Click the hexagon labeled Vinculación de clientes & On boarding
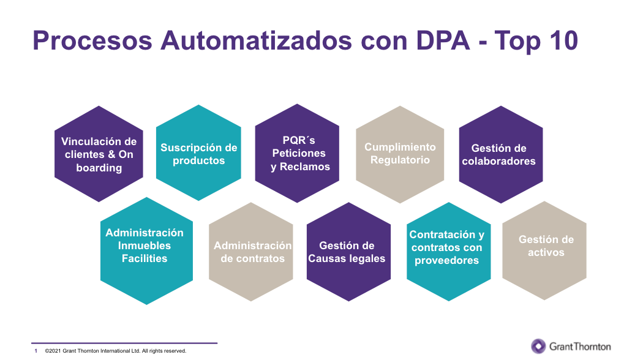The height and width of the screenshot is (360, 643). [99, 154]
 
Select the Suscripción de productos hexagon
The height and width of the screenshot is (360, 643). [198, 152]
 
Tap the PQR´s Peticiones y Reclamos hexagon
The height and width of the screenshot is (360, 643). [297, 153]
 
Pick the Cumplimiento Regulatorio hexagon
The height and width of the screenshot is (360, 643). [400, 154]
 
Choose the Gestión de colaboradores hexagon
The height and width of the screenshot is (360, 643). [501, 154]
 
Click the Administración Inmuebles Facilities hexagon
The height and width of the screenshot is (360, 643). [146, 251]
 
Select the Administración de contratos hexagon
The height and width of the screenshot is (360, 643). [251, 252]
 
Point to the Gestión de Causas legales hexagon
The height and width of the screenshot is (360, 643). [348, 252]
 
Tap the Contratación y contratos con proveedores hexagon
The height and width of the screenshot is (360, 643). [449, 252]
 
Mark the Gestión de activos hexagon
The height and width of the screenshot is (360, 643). [544, 250]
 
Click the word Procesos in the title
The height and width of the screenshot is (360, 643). [92, 40]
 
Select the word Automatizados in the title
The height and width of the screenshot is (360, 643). [257, 40]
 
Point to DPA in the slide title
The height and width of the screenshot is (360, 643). [443, 40]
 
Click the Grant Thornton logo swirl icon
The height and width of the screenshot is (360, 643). [538, 347]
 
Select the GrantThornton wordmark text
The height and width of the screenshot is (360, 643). [580, 347]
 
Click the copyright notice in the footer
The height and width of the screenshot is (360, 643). [116, 351]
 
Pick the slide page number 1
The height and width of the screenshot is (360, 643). [36, 351]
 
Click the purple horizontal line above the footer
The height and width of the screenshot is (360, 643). [124, 343]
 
